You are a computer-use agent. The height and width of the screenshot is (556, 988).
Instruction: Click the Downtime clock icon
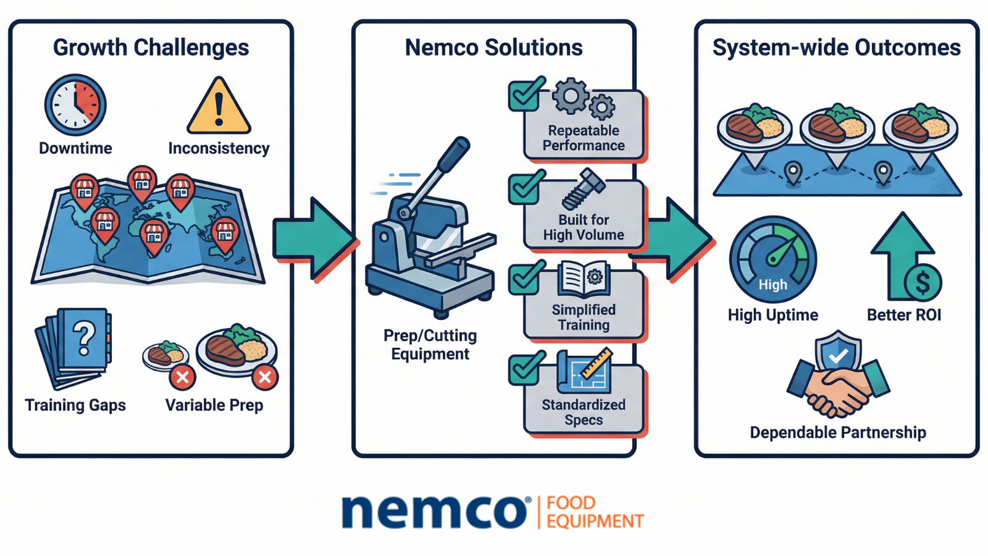pos(75,105)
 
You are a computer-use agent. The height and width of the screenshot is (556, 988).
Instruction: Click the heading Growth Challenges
pos(151,48)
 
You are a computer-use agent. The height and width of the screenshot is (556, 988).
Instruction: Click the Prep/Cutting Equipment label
pos(430,345)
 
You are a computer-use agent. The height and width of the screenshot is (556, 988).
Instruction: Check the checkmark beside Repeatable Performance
pos(525,95)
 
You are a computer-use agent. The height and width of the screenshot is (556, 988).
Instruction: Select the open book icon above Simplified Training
pos(583,280)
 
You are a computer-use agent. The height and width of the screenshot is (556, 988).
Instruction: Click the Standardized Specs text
pos(584,412)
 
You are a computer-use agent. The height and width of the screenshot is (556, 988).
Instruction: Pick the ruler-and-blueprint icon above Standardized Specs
pos(585,371)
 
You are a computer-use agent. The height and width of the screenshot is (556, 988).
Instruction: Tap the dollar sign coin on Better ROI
pos(923,282)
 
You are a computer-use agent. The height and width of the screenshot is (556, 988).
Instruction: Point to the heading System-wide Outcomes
pos(836,48)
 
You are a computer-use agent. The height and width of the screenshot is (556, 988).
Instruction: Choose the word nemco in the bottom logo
pos(433,512)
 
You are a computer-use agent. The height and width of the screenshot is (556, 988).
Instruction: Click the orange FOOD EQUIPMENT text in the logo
pos(594,512)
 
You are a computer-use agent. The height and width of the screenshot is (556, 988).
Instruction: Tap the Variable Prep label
pos(214,405)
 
